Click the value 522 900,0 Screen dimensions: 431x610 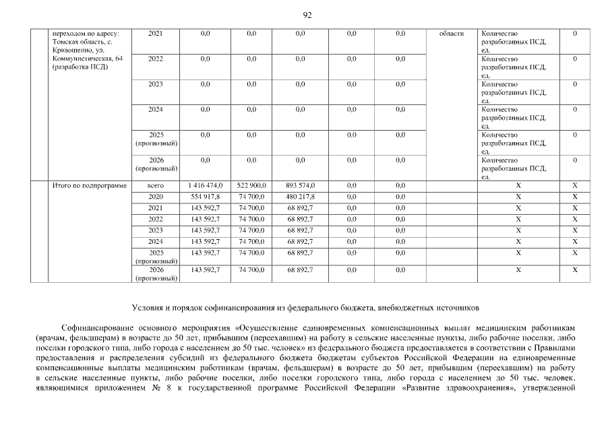(x=251, y=185)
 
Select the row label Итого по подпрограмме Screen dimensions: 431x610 (x=90, y=185)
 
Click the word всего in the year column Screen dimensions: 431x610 (x=156, y=185)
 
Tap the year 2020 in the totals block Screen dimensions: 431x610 (x=156, y=197)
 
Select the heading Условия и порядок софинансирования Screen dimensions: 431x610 (x=305, y=308)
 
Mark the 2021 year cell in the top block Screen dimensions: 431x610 (x=156, y=34)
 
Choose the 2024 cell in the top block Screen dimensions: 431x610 (x=156, y=109)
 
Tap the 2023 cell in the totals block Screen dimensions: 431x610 (x=156, y=230)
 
